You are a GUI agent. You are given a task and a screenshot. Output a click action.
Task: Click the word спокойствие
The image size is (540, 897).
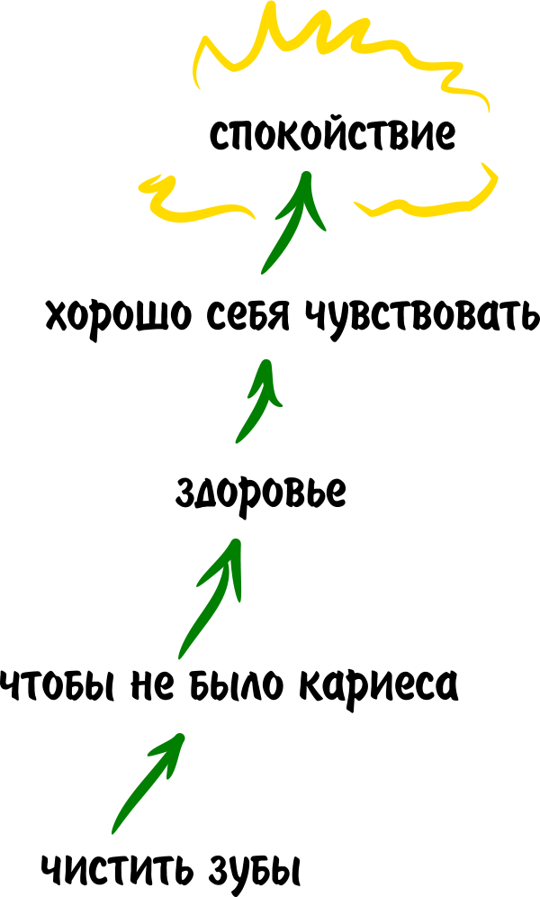coord(332,136)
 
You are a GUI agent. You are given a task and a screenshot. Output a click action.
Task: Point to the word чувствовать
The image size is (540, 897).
coord(418,316)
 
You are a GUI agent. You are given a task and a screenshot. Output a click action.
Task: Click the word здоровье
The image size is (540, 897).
coord(261,494)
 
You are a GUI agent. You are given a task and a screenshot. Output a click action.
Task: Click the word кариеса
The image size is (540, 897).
coord(378,686)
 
